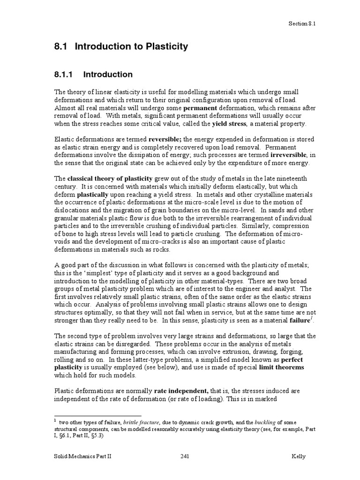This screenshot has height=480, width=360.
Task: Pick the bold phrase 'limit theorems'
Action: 281,368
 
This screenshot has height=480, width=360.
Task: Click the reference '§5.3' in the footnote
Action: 93,435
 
